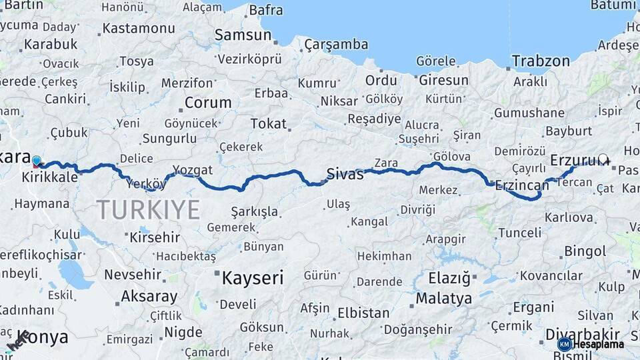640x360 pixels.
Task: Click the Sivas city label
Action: [345, 175]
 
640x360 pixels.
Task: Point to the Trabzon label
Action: [541, 61]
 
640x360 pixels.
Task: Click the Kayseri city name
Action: [253, 277]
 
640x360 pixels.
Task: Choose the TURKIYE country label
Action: [148, 210]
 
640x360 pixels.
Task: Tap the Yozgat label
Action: [192, 169]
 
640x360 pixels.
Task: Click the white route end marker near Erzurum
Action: [603, 159]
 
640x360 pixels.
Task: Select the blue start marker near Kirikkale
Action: [37, 161]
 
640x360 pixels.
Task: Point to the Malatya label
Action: [443, 298]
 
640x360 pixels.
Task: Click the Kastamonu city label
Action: [139, 29]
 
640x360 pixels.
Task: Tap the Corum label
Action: [208, 103]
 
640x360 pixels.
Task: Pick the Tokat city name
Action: [269, 123]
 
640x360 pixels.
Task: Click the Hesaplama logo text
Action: [598, 344]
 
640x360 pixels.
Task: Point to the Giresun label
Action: [443, 80]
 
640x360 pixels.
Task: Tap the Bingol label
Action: [585, 251]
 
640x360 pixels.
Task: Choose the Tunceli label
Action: [520, 232]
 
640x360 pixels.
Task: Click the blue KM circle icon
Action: [564, 344]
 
